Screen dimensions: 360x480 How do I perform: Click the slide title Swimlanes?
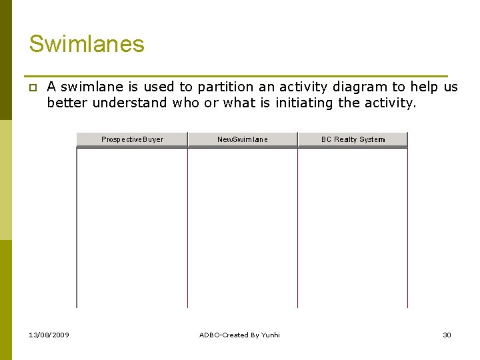(x=87, y=44)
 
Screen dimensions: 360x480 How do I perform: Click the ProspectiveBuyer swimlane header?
(x=132, y=139)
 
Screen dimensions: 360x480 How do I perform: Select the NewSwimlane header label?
(x=243, y=139)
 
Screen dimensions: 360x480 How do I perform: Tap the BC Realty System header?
(x=353, y=139)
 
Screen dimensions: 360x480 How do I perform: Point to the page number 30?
(x=447, y=335)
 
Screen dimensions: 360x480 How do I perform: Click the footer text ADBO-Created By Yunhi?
(x=239, y=335)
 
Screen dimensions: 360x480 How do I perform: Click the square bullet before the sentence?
(x=32, y=87)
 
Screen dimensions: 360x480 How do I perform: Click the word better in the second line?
(x=67, y=103)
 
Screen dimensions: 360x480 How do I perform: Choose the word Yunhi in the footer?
(x=270, y=335)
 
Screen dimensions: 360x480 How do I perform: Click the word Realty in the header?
(x=345, y=139)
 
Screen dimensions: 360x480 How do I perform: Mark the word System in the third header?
(x=372, y=139)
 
